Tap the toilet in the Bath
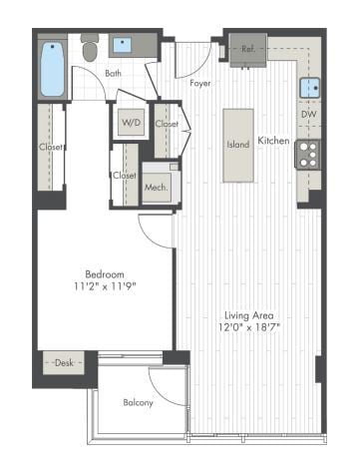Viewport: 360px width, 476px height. pos(90,49)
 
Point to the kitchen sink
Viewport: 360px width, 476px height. pos(311,88)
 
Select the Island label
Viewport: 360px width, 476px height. pos(238,145)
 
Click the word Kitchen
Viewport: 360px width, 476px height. pos(273,141)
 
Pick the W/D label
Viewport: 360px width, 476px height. pos(132,124)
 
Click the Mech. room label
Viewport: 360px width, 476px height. pos(156,186)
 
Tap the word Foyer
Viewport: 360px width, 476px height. pos(201,83)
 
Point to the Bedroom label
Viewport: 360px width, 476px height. pos(104,274)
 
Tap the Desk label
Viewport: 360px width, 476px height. pos(65,363)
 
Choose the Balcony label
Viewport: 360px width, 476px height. pos(139,402)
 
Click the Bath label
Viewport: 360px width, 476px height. pos(113,73)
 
